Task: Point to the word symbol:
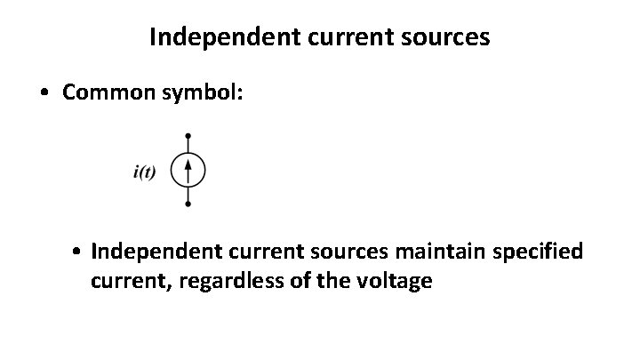[x=206, y=95]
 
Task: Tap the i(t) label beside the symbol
[x=144, y=172]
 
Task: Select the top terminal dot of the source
[x=188, y=136]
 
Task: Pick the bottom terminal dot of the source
[x=188, y=204]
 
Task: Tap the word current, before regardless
[x=124, y=282]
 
